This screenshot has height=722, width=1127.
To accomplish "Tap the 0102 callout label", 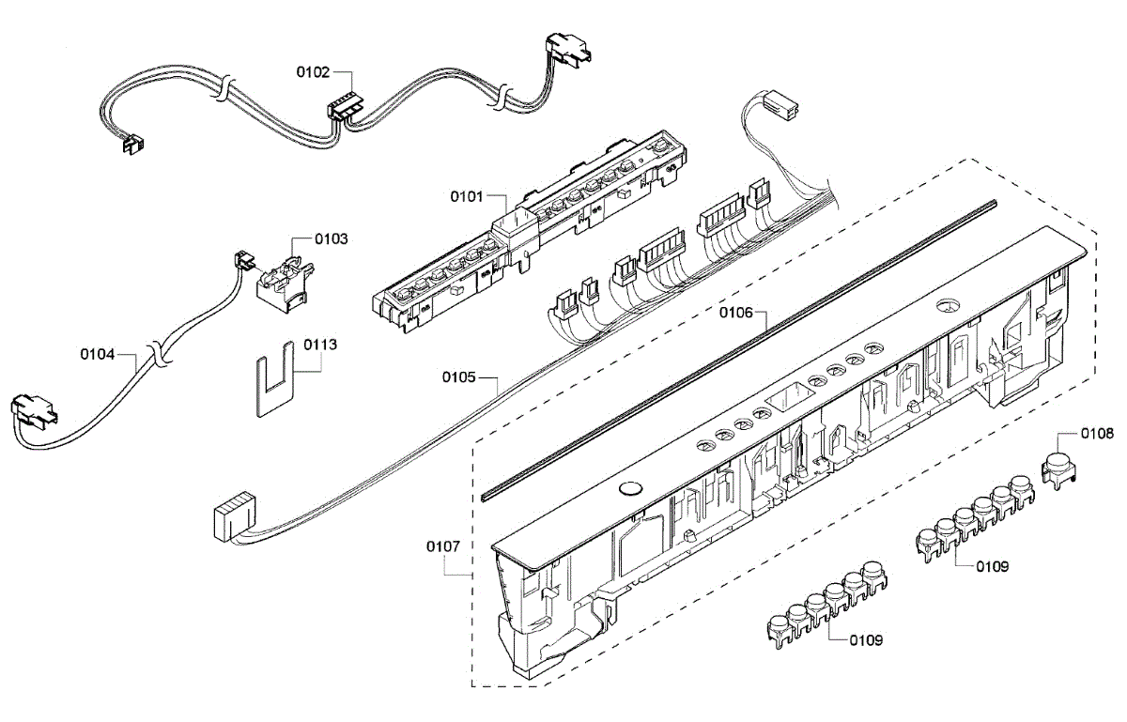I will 313,70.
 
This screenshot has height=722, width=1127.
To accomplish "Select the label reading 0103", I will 332,239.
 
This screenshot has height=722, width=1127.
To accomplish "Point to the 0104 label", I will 98,354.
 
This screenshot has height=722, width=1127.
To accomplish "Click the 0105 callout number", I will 460,378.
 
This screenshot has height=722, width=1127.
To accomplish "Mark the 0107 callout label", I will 443,546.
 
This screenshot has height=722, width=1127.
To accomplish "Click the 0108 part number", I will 1097,434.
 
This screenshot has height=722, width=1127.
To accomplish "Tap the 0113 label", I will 320,345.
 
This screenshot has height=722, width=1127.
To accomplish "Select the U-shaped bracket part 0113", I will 273,381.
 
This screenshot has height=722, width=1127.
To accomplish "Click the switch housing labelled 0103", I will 283,279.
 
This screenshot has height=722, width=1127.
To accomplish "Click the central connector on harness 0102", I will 343,107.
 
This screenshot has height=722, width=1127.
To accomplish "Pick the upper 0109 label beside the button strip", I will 992,565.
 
